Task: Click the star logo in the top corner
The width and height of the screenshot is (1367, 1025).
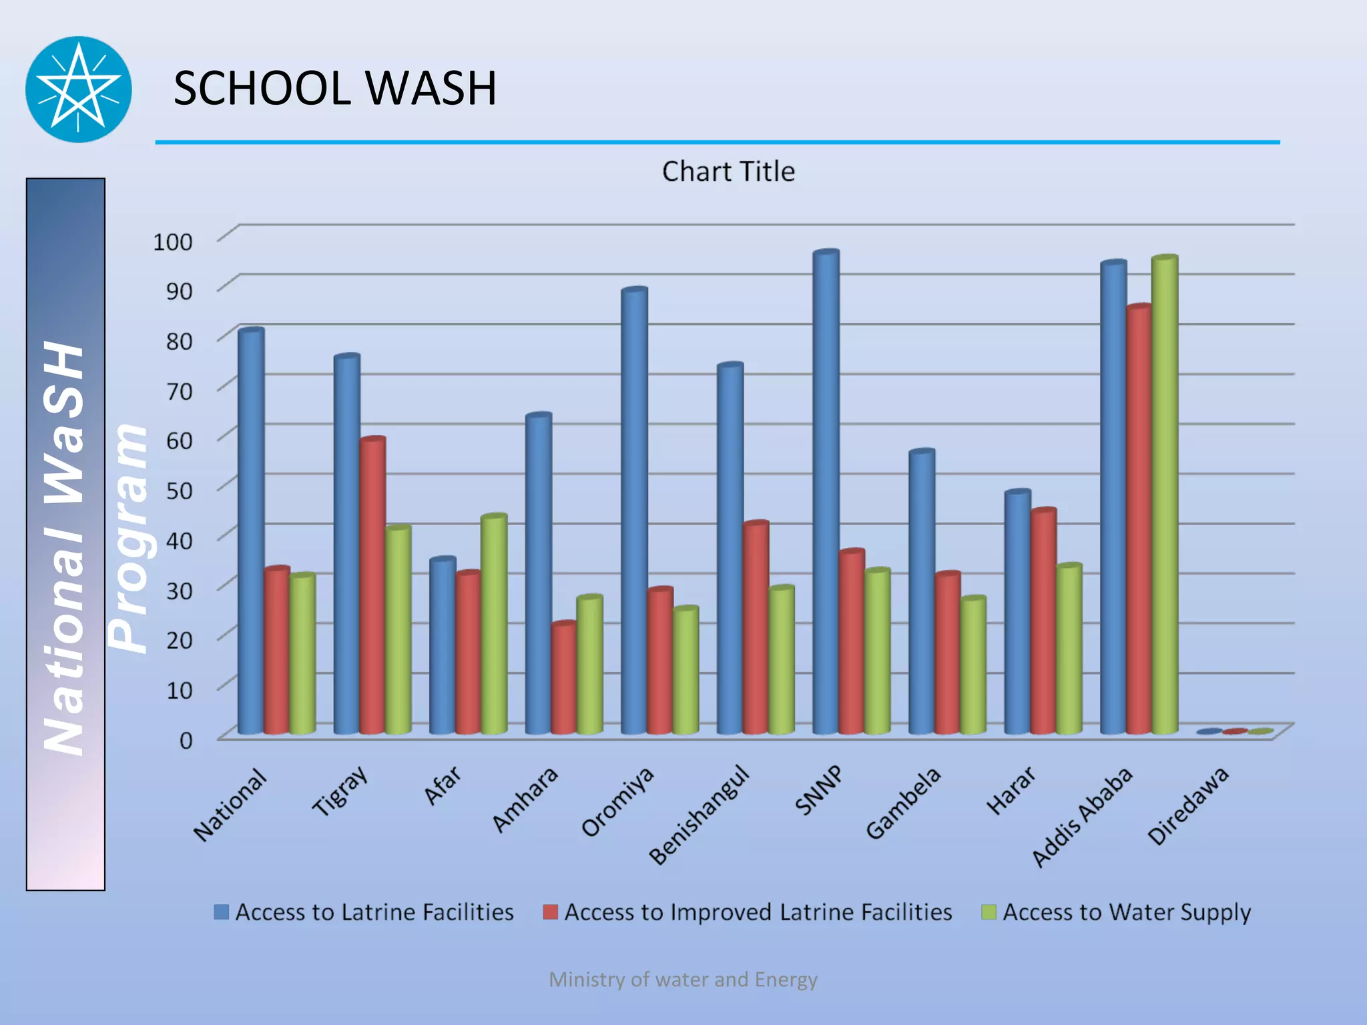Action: (x=79, y=89)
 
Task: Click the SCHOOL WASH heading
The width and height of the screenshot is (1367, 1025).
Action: (x=334, y=88)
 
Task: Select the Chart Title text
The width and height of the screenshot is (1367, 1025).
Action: (x=728, y=172)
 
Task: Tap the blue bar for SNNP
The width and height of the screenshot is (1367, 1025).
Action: (x=826, y=494)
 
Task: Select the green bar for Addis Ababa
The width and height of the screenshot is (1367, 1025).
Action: (x=1164, y=494)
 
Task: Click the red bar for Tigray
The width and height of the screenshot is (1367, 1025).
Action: (x=372, y=587)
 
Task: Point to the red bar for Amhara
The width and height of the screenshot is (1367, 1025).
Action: (x=564, y=677)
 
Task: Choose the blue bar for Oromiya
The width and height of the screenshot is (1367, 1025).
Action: (x=634, y=510)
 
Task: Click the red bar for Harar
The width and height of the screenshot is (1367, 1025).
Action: (x=1043, y=621)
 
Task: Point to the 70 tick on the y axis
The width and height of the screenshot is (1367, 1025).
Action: (x=179, y=391)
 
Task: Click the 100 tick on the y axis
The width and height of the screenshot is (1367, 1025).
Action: (x=173, y=242)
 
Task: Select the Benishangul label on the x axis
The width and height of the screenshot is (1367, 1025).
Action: (x=699, y=815)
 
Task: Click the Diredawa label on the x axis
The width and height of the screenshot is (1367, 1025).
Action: (x=1188, y=805)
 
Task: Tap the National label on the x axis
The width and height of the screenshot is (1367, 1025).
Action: (x=230, y=805)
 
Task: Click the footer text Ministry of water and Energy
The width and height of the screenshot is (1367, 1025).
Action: (x=683, y=980)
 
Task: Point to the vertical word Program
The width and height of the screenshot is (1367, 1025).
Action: (x=128, y=538)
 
